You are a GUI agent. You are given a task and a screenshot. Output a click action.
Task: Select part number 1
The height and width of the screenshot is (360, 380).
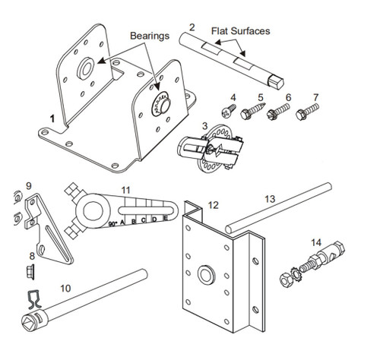pyautogui.click(x=52, y=119)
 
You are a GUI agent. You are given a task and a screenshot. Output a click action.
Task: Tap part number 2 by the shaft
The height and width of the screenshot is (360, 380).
pyautogui.click(x=192, y=27)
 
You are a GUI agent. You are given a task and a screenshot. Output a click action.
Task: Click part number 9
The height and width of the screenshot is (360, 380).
pyautogui.click(x=28, y=185)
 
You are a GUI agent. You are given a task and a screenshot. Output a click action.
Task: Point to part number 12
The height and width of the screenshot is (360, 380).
pyautogui.click(x=213, y=205)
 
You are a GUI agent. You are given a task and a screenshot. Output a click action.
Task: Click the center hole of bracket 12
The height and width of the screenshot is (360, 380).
pyautogui.click(x=205, y=273)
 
